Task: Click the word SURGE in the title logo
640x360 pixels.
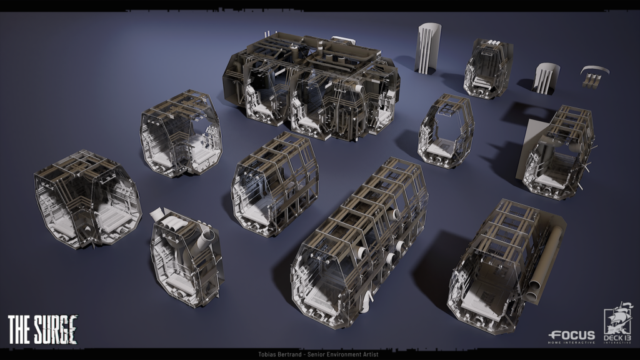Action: pos(55,329)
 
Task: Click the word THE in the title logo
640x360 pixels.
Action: pos(19,329)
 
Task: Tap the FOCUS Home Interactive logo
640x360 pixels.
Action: pos(572,337)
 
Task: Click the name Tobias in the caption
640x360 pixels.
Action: pos(267,354)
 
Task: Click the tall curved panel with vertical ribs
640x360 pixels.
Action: pos(428,48)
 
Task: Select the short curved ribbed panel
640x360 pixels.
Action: pos(546,77)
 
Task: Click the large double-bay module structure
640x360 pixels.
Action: pos(311,87)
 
